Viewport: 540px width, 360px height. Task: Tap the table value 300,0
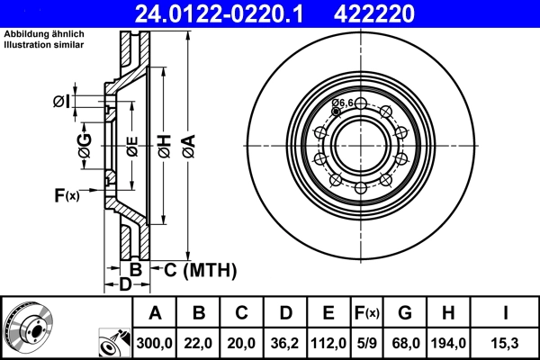pyautogui.click(x=155, y=340)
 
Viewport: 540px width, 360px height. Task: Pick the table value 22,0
pyautogui.click(x=199, y=340)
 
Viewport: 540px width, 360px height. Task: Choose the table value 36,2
pyautogui.click(x=284, y=340)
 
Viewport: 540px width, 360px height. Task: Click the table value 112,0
pyautogui.click(x=328, y=340)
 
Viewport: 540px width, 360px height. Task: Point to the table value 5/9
pyautogui.click(x=367, y=340)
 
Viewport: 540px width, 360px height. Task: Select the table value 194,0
pyautogui.click(x=447, y=340)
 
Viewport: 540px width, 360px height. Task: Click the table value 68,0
pyautogui.click(x=405, y=340)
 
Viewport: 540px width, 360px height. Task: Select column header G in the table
pyautogui.click(x=405, y=313)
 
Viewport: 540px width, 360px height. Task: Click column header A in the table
pyautogui.click(x=155, y=313)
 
